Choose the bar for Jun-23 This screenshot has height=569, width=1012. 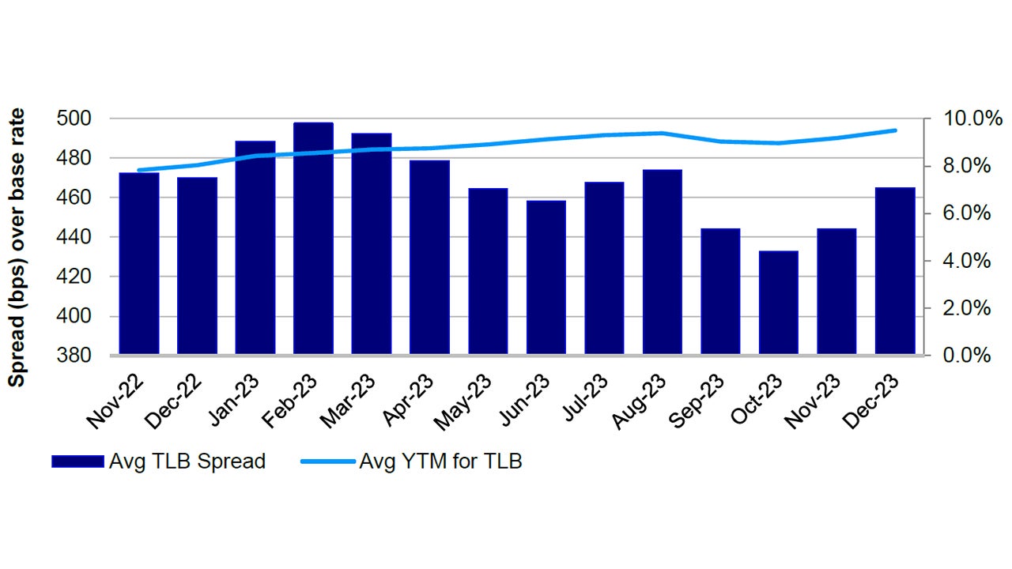546,277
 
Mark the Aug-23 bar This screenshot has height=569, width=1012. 663,262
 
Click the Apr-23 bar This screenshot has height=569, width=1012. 429,257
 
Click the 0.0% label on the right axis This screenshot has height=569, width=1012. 965,356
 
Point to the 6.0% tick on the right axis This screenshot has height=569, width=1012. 965,213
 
